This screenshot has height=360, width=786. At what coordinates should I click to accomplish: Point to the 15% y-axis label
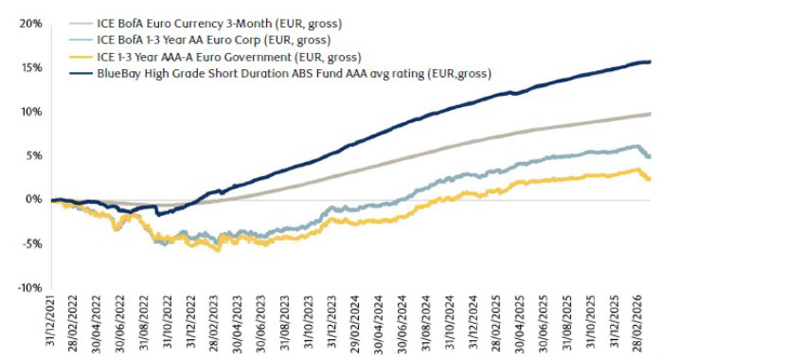pos(30,67)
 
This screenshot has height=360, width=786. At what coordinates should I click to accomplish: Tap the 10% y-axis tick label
pos(30,111)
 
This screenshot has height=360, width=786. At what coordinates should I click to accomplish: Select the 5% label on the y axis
pos(32,155)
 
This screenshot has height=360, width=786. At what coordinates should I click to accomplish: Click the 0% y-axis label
pos(32,199)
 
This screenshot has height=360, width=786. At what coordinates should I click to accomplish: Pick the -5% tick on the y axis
pos(30,243)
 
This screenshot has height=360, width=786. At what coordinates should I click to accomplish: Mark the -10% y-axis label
pos(28,287)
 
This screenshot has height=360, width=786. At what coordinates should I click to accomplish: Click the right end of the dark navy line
pos(650,62)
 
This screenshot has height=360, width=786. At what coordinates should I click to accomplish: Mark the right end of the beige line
pos(650,114)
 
